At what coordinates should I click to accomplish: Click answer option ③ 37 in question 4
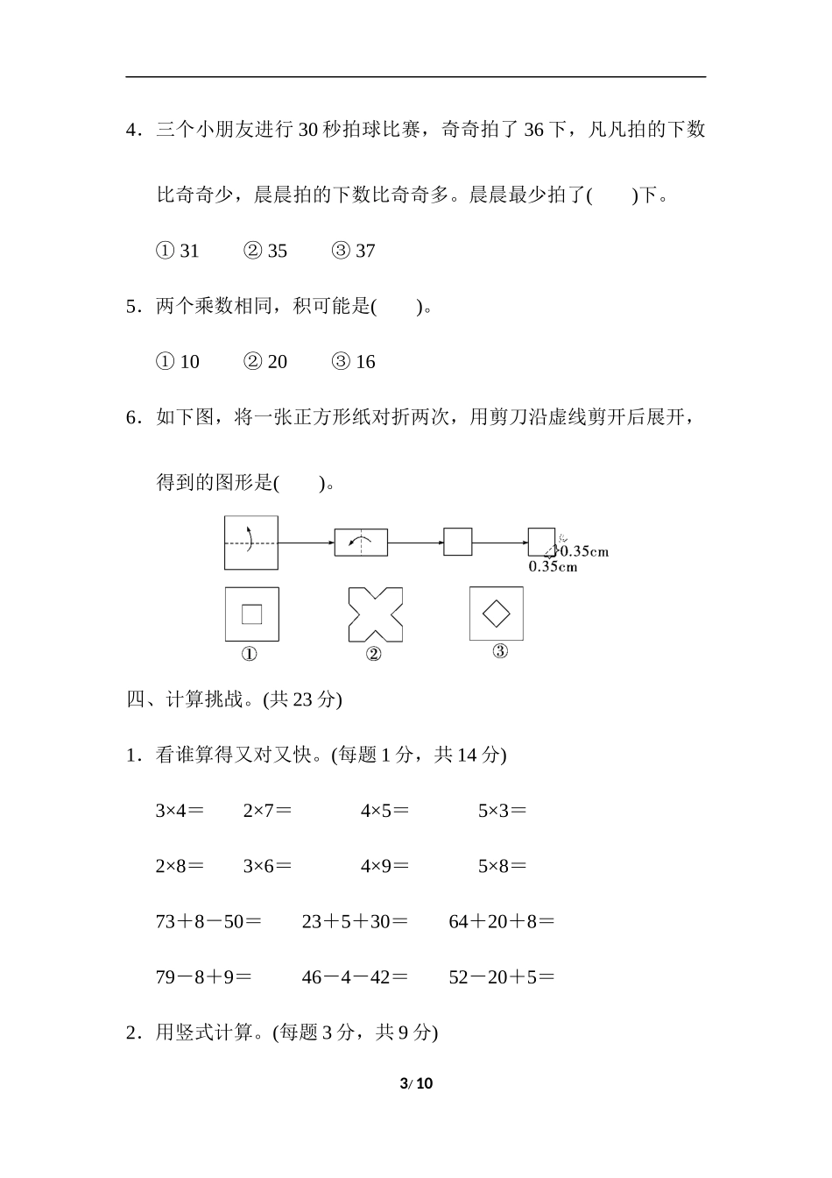click(x=353, y=252)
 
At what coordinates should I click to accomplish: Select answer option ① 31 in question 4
click(x=178, y=252)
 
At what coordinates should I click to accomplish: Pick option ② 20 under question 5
click(x=265, y=362)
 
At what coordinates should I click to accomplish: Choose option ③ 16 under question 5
click(x=353, y=362)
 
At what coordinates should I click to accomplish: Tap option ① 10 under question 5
click(x=178, y=362)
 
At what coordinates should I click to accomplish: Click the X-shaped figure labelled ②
click(x=376, y=614)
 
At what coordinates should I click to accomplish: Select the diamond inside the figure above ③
click(x=497, y=613)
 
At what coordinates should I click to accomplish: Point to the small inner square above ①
click(x=251, y=614)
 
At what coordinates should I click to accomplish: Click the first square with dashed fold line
click(x=251, y=543)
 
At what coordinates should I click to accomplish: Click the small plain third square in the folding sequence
click(x=458, y=542)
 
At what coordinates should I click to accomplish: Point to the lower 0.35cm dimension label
click(x=553, y=567)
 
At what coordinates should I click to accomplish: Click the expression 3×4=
click(x=180, y=811)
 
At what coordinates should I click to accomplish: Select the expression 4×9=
click(x=384, y=866)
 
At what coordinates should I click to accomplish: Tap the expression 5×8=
click(x=502, y=866)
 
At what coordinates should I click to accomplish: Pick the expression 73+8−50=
click(x=208, y=922)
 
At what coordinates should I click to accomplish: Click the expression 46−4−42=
click(x=355, y=977)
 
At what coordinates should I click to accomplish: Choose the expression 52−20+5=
click(x=502, y=977)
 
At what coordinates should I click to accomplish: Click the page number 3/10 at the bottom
click(x=416, y=1083)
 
